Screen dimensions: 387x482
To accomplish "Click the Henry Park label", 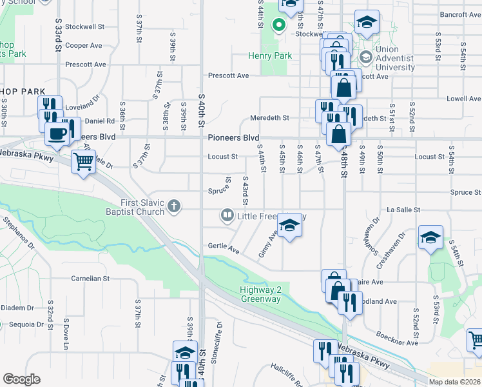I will click(271, 56).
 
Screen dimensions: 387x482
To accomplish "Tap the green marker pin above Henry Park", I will click(278, 26).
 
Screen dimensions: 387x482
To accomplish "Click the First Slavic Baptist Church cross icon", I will click(173, 207).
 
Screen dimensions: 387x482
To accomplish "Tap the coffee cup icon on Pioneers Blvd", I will click(57, 134).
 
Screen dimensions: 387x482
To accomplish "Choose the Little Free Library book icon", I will click(227, 215).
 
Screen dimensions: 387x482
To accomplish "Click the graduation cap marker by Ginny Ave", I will click(290, 224).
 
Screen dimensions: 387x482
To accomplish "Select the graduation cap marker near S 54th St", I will click(430, 237).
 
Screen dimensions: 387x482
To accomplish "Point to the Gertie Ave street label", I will click(224, 246).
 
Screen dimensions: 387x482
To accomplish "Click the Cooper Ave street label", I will click(84, 46).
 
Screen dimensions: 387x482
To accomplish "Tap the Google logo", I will click(21, 379).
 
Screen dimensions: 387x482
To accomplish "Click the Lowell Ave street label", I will click(464, 99).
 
